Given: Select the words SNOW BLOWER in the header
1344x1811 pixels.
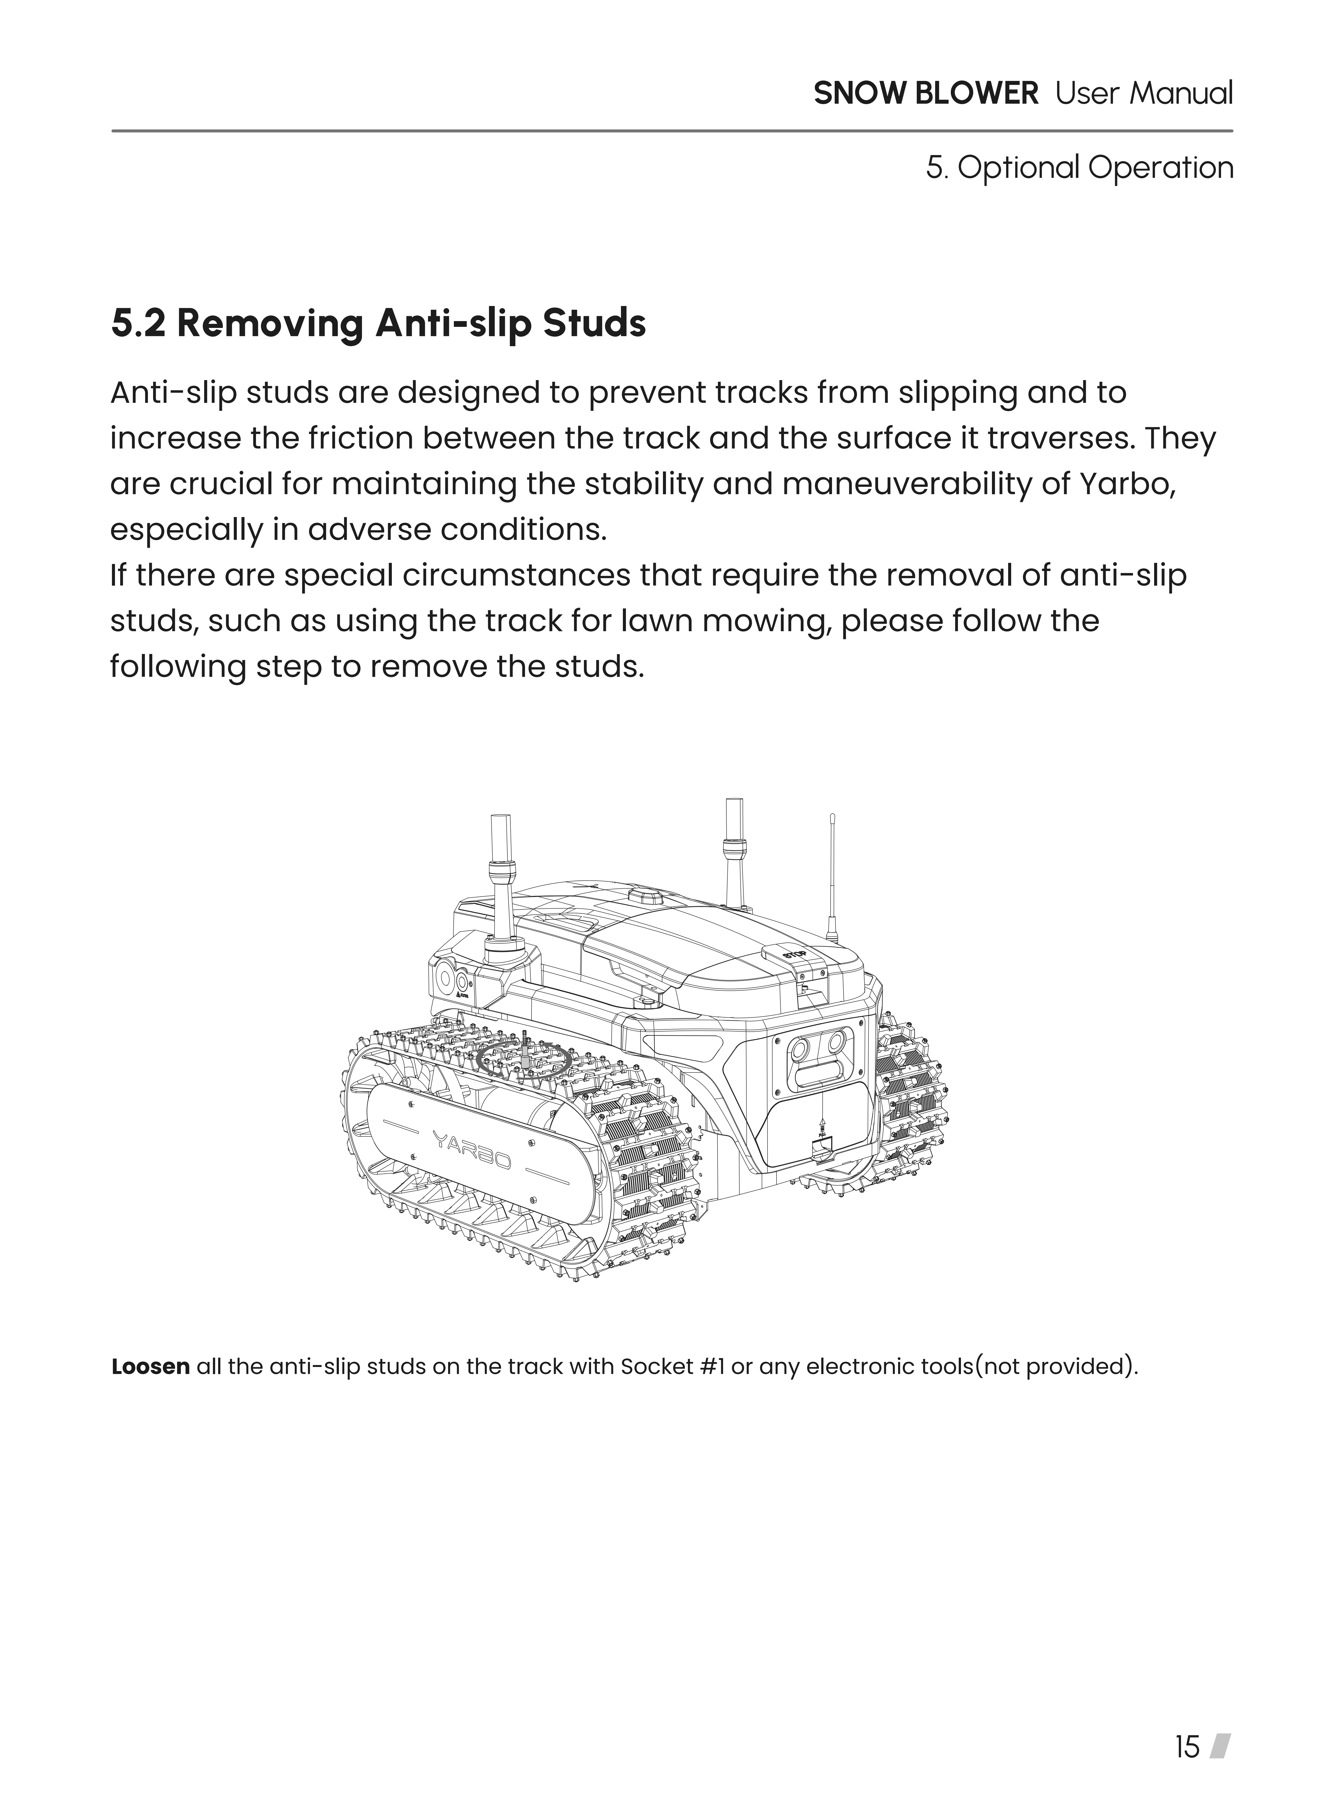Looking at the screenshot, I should [x=926, y=94].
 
